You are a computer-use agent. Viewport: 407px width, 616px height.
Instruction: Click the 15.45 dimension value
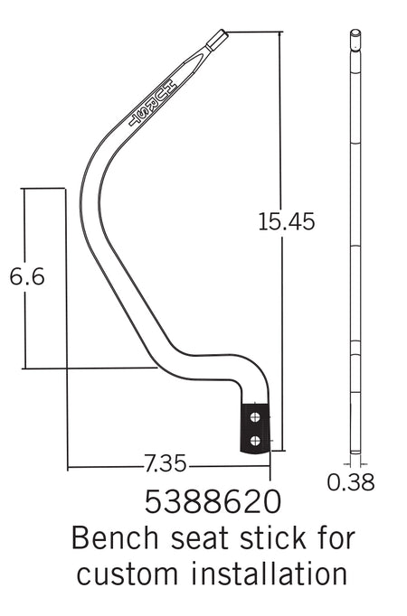click(x=286, y=221)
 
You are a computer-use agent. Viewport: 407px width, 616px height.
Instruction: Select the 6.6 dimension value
click(x=27, y=277)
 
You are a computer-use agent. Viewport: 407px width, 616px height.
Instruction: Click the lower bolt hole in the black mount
click(x=257, y=440)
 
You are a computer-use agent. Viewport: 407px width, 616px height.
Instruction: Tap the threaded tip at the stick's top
click(x=218, y=40)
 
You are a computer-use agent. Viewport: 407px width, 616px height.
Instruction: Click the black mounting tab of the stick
click(x=255, y=428)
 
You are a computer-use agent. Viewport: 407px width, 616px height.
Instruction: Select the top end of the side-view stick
click(x=355, y=35)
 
